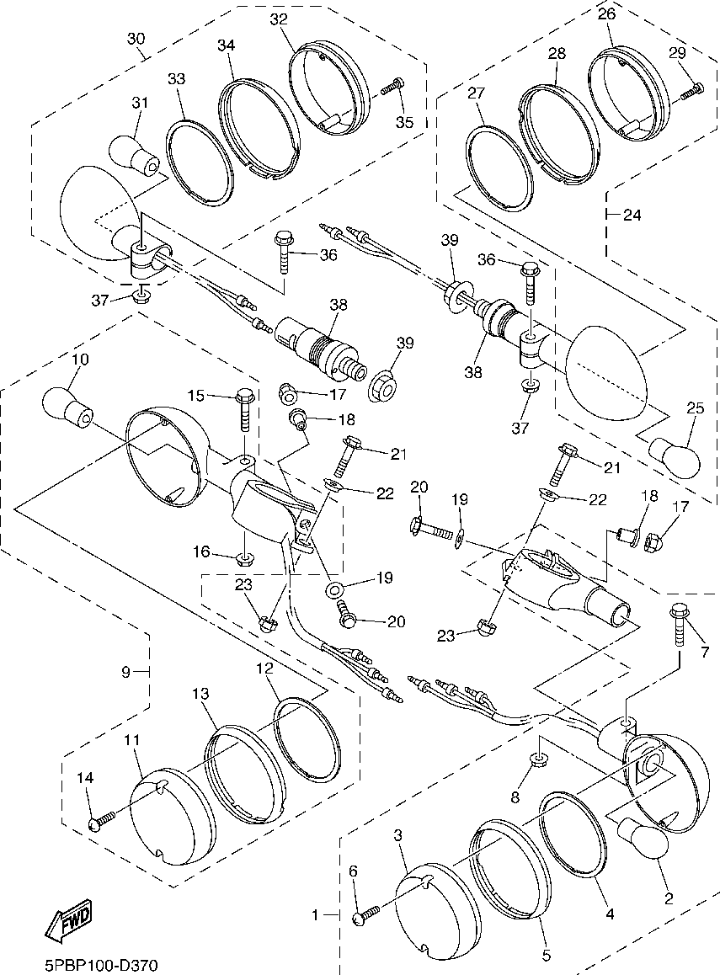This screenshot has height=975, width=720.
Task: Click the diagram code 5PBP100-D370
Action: pyautogui.click(x=101, y=966)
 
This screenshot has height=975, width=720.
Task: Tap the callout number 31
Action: pyautogui.click(x=140, y=102)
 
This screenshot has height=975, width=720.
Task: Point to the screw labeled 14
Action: pyautogui.click(x=102, y=819)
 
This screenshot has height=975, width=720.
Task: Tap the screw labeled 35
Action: pyautogui.click(x=392, y=88)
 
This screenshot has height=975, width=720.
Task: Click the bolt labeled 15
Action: pyautogui.click(x=244, y=409)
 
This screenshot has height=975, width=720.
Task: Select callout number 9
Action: pyautogui.click(x=125, y=672)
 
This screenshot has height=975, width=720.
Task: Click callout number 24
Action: pyautogui.click(x=632, y=216)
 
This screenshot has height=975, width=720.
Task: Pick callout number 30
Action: pyautogui.click(x=136, y=39)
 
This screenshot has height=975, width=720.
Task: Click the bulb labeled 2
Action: pyautogui.click(x=642, y=839)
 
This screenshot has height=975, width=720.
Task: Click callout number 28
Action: pyautogui.click(x=557, y=54)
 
